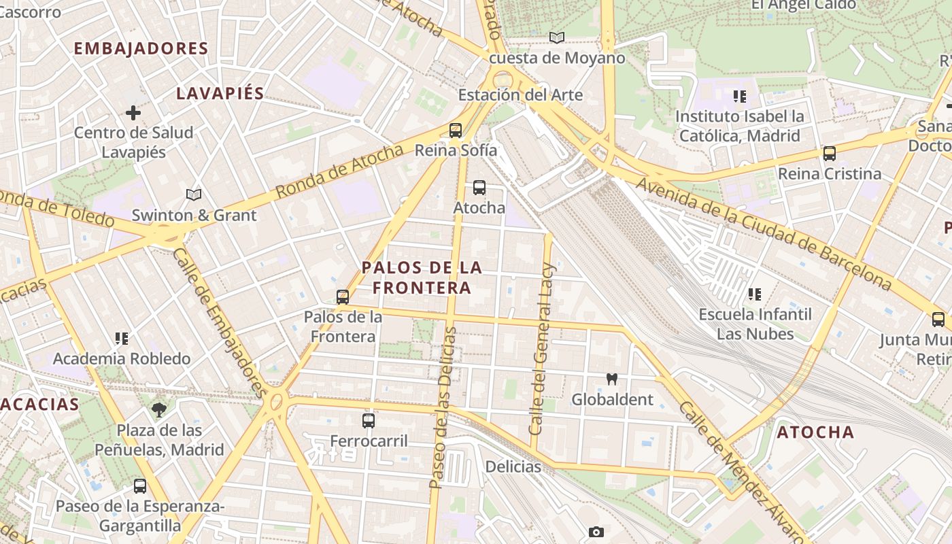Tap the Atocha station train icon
click(479, 188)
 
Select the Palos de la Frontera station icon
click(343, 297)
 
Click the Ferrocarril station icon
click(369, 421)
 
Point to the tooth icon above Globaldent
click(611, 379)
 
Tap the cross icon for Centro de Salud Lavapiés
click(133, 112)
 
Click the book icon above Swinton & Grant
click(194, 195)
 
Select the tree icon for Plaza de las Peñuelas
click(159, 409)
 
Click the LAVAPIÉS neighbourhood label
click(220, 94)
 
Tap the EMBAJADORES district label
click(141, 48)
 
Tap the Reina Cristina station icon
click(830, 154)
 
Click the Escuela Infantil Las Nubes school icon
click(755, 294)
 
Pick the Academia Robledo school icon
click(122, 338)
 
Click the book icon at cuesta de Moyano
click(557, 37)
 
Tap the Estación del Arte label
click(520, 95)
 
